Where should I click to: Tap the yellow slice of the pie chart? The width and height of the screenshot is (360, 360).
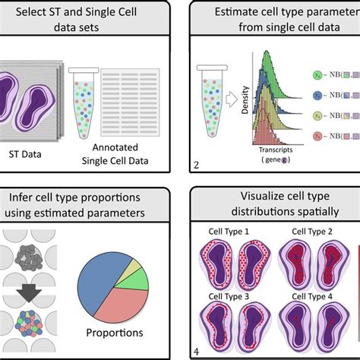(x=134, y=267)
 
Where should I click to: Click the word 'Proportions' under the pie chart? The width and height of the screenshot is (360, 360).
(x=114, y=333)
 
